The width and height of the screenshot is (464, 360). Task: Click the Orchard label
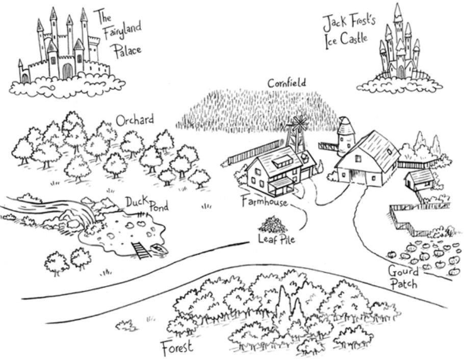pyautogui.click(x=134, y=120)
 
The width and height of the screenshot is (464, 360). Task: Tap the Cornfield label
pyautogui.click(x=287, y=83)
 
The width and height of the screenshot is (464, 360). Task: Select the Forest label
pyautogui.click(x=177, y=348)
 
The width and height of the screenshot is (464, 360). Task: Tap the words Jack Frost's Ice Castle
pyautogui.click(x=346, y=31)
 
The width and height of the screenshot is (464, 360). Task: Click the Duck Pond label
pyautogui.click(x=147, y=204)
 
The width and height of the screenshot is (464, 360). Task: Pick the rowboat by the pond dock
pyautogui.click(x=159, y=249)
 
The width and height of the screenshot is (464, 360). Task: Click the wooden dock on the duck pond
pyautogui.click(x=140, y=250)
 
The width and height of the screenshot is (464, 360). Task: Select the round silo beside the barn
pyautogui.click(x=346, y=135)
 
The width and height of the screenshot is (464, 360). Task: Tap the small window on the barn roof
pyautogui.click(x=390, y=151)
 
